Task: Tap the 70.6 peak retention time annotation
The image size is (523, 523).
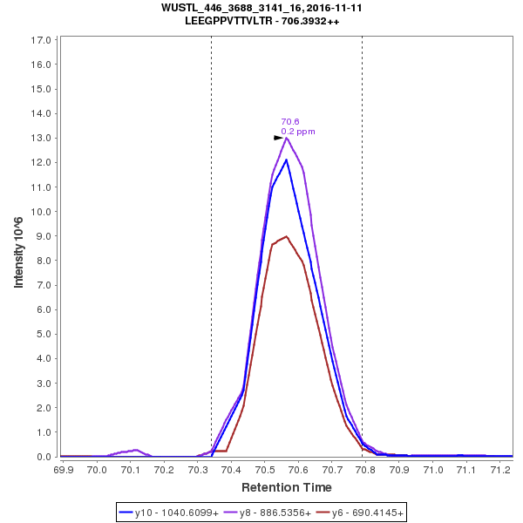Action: click(290, 122)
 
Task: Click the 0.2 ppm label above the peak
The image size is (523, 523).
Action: click(298, 132)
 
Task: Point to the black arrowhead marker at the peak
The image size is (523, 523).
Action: click(279, 138)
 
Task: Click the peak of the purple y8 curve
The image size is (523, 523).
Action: click(287, 138)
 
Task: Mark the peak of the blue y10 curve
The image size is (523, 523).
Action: click(287, 159)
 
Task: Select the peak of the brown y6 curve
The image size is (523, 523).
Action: click(287, 236)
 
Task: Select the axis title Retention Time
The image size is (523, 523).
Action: click(286, 487)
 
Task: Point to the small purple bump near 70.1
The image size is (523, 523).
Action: click(132, 451)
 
